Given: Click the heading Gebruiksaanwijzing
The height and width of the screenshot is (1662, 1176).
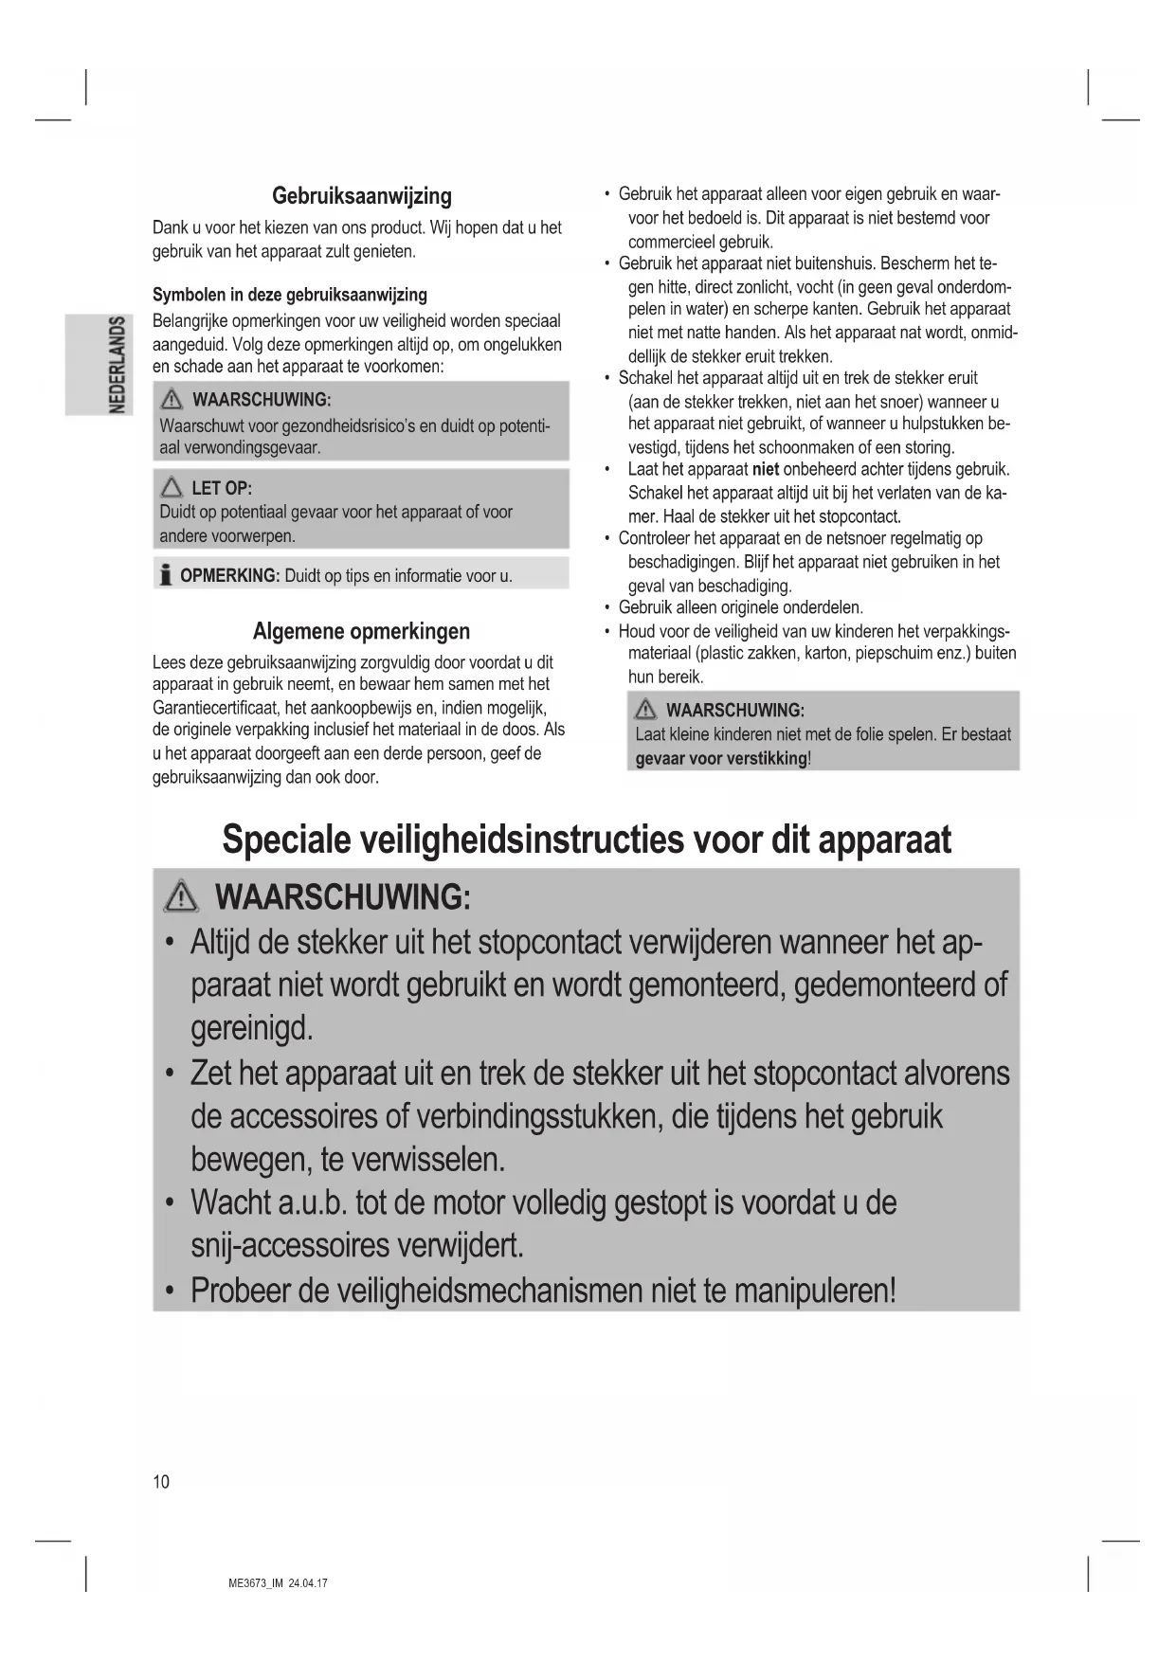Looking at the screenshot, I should coord(361,196).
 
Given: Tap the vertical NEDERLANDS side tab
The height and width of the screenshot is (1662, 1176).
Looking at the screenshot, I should coord(117,364).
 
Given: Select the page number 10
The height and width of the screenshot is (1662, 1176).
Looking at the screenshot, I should coord(161,1482).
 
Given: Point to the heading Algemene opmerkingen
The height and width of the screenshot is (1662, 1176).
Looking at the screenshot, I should coord(361,631).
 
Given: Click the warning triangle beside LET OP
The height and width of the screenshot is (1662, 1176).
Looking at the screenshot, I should coord(172,488).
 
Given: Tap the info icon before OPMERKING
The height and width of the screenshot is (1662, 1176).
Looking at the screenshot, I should coord(166,575).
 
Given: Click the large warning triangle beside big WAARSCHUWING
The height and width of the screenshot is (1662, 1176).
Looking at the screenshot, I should coord(180,896).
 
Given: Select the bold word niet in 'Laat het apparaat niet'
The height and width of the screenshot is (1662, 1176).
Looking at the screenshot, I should coord(765,470).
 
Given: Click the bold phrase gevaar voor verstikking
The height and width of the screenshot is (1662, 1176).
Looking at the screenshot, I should coord(721,759).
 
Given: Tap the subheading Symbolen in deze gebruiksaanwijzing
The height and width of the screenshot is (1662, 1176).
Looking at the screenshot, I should coord(290,295).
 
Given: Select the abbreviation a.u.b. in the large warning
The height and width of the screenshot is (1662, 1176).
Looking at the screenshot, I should coord(312,1203).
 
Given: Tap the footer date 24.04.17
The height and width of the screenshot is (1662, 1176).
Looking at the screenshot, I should coord(309,1583).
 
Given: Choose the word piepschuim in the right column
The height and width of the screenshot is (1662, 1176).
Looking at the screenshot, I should coord(894,654).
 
